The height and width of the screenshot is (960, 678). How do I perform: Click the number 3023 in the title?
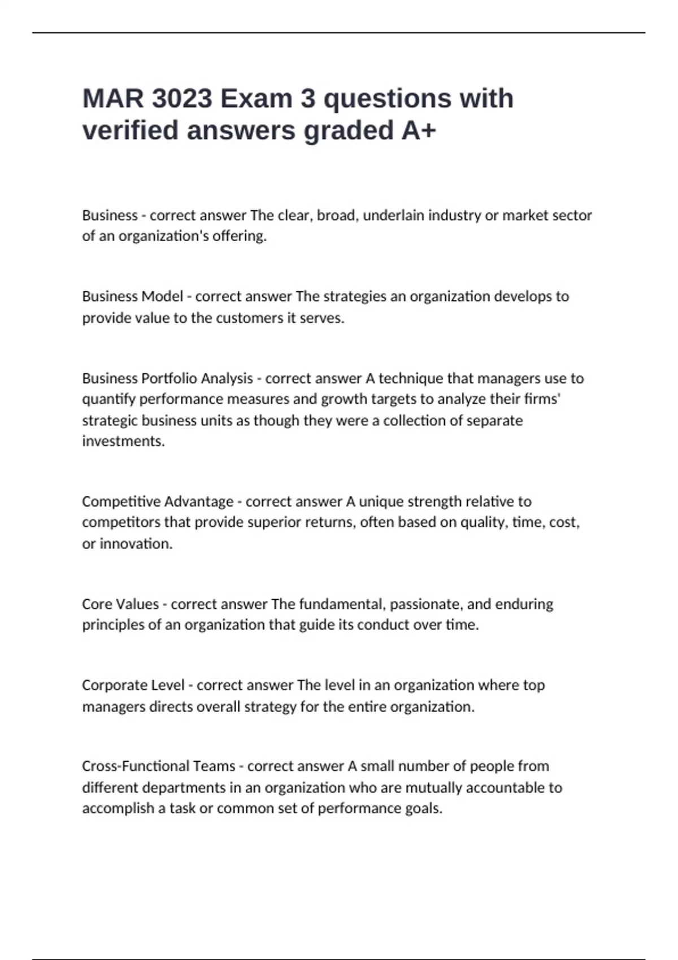click(x=182, y=99)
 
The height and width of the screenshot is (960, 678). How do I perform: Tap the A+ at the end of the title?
click(x=419, y=130)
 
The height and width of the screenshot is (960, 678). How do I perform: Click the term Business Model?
click(x=132, y=296)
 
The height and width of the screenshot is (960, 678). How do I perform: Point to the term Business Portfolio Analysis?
click(x=167, y=378)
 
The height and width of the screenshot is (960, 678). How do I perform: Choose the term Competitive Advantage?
click(x=158, y=501)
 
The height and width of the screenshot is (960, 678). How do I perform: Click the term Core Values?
click(x=120, y=604)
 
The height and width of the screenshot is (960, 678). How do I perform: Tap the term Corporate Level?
click(x=133, y=685)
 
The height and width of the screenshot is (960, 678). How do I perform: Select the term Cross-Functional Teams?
click(x=159, y=766)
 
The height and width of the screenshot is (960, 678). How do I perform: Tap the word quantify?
click(x=108, y=399)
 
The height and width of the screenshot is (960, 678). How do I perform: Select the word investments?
click(x=123, y=441)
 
